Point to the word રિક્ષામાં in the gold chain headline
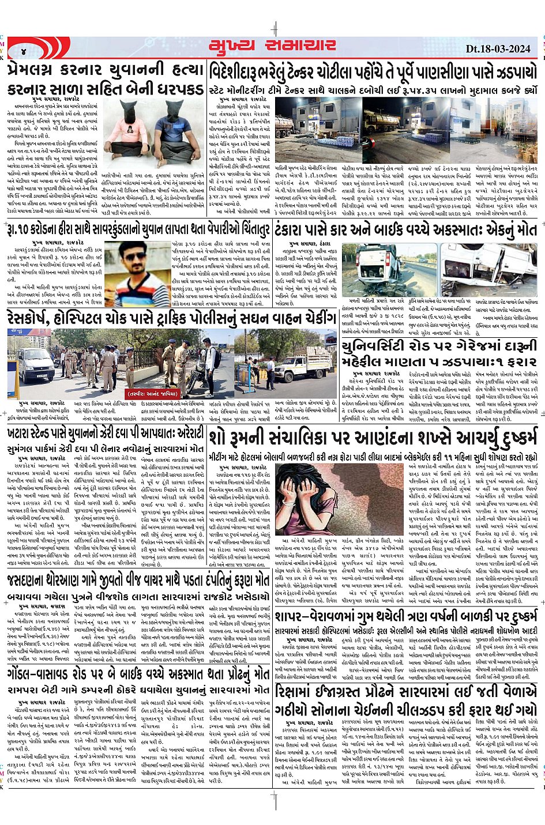click(303, 691)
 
